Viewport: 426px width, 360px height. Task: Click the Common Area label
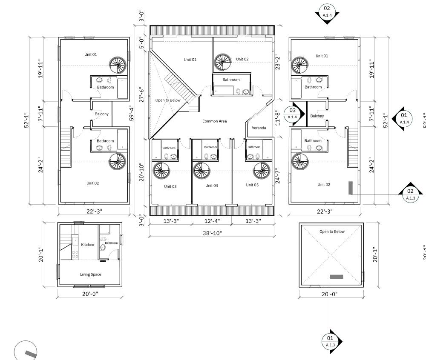(x=214, y=121)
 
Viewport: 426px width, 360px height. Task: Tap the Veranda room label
(x=259, y=128)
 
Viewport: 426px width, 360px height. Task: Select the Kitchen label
(x=88, y=245)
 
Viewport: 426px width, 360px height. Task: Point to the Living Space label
(x=90, y=274)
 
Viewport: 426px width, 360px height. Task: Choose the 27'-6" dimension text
(x=142, y=94)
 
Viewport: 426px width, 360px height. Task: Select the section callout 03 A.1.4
(x=293, y=114)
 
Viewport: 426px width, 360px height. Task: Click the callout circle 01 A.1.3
(x=331, y=341)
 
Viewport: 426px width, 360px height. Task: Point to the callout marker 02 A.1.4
(x=327, y=11)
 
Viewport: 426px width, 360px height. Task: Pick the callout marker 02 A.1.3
(x=410, y=194)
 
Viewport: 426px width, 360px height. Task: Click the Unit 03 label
(x=170, y=186)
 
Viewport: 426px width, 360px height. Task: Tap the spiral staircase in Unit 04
(x=201, y=171)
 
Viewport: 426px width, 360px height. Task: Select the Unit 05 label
(x=252, y=185)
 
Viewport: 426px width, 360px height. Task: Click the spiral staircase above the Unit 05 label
(x=261, y=171)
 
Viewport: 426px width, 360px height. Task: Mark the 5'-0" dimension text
(x=142, y=43)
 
